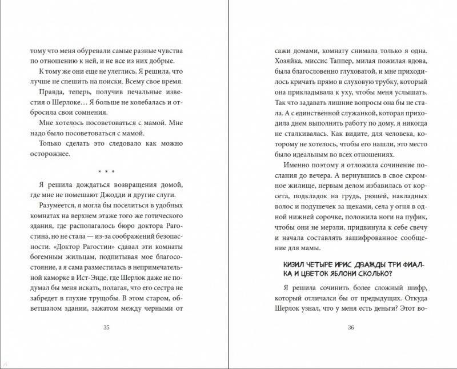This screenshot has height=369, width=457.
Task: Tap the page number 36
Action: (351, 327)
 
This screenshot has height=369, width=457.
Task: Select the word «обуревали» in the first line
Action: (87, 50)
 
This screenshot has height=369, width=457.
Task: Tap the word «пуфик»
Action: (423, 217)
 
